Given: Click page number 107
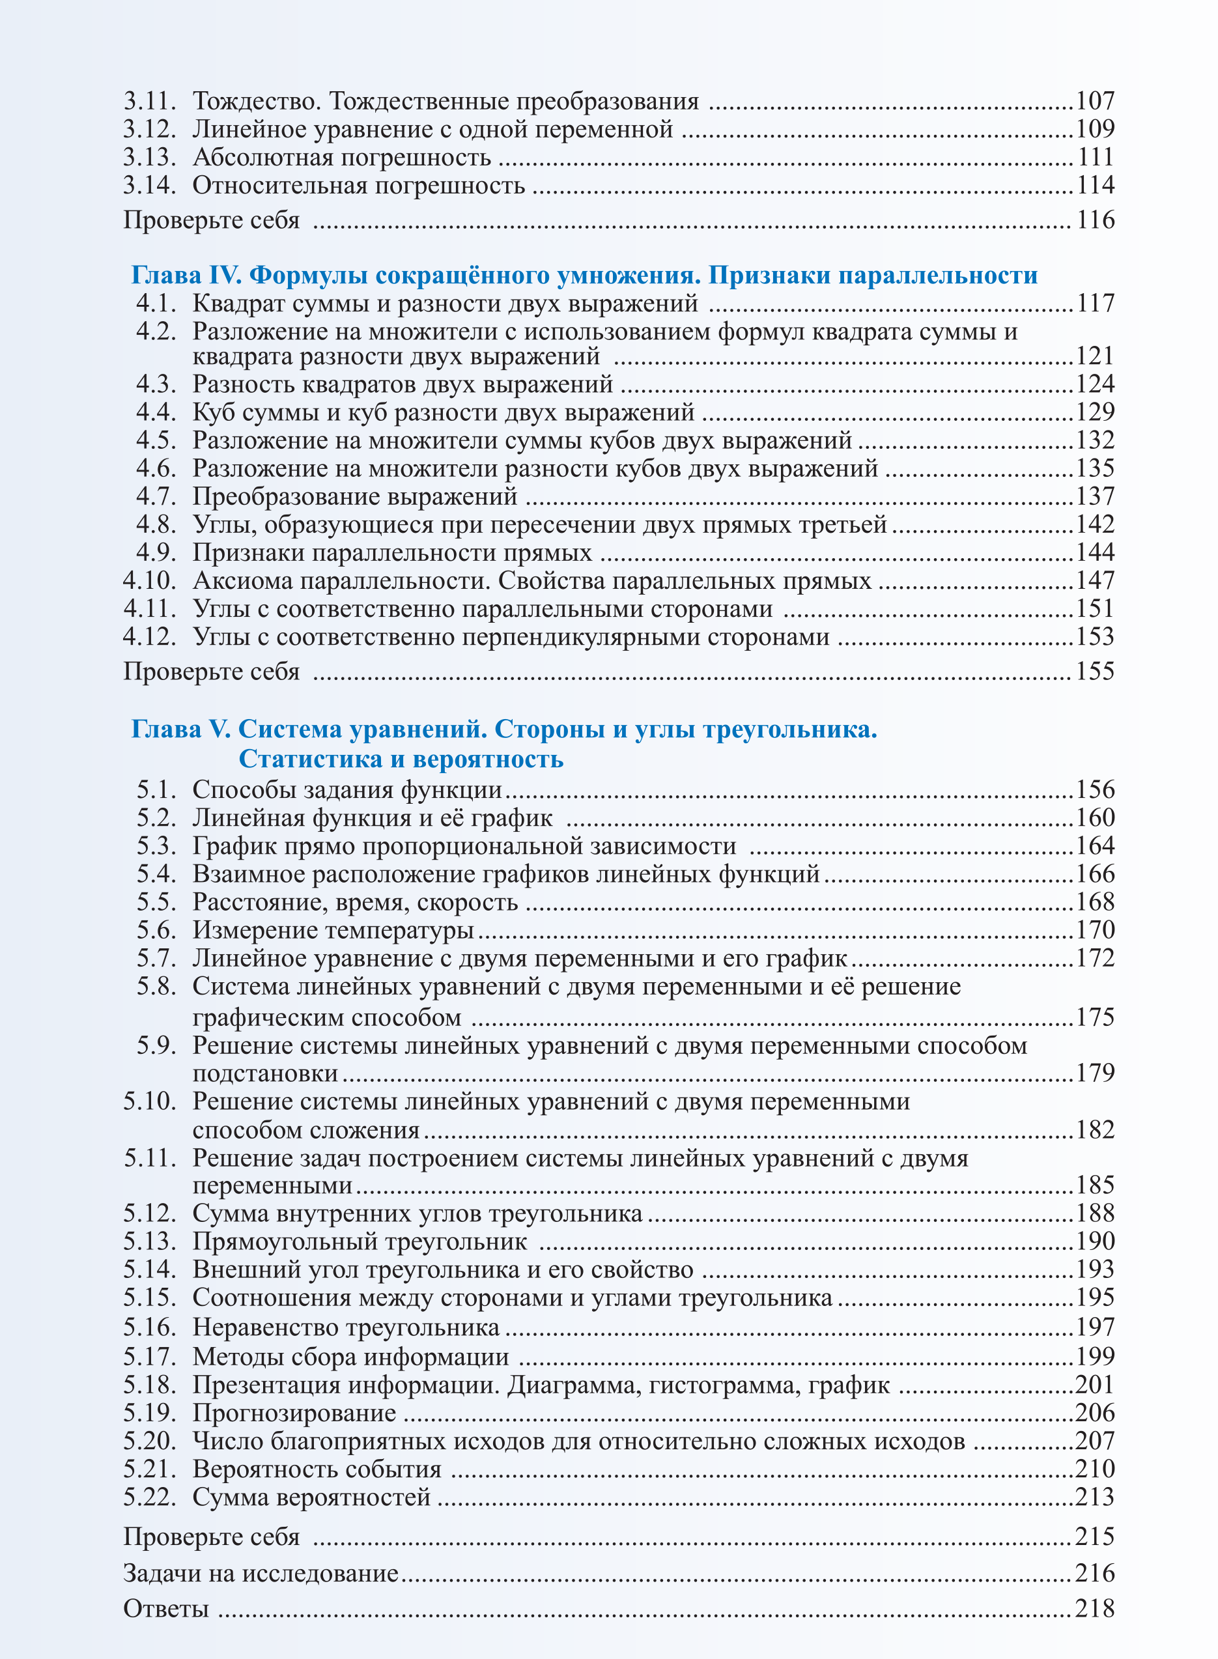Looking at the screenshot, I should click(1095, 101).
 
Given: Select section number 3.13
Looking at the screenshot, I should click(150, 157).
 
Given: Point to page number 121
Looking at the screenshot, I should click(1095, 356).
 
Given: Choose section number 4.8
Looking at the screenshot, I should click(156, 524).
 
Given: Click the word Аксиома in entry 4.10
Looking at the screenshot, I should click(246, 581).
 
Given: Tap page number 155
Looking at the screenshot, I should click(1095, 671).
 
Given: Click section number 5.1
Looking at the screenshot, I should click(156, 789).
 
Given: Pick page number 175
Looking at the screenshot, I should click(1095, 1017).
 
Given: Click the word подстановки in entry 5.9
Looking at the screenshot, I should click(266, 1073).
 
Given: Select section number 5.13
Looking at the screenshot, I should click(150, 1241).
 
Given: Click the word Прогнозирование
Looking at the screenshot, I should click(294, 1413).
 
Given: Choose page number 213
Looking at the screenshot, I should click(1095, 1497).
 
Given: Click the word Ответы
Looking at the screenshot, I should click(166, 1608).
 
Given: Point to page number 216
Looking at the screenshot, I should click(1095, 1574).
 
